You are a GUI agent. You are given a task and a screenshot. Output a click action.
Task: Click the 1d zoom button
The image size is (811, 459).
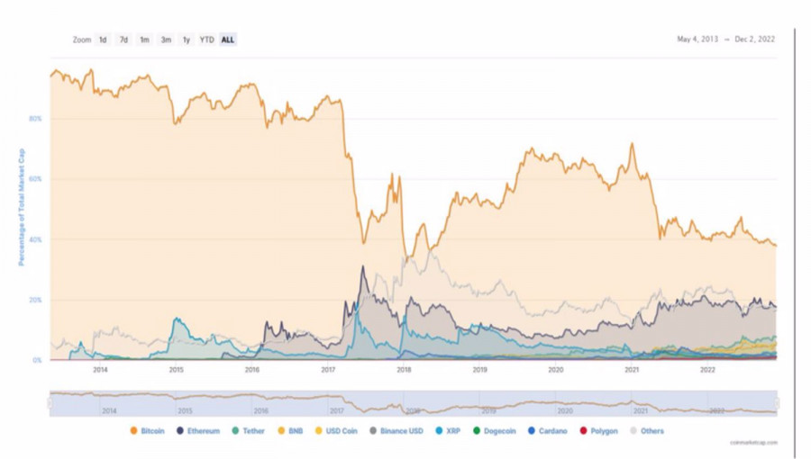coord(103,40)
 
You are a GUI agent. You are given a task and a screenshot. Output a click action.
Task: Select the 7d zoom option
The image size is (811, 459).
coord(123,40)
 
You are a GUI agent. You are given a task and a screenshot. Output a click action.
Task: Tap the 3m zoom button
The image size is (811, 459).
coord(166,40)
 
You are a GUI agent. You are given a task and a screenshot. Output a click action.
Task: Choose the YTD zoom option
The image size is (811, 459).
coord(206,40)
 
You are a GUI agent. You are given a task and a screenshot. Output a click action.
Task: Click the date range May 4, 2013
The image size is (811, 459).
coord(698,39)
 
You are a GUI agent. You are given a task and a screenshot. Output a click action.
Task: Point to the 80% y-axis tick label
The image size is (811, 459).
coord(35,119)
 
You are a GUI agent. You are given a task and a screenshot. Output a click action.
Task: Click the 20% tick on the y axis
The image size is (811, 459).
coord(35,300)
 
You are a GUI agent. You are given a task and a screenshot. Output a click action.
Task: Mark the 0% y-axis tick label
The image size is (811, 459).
coord(37,360)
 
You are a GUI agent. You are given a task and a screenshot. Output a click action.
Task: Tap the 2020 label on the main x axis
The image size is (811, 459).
coord(556,369)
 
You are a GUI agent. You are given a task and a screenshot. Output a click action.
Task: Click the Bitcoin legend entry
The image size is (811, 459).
coord(148,431)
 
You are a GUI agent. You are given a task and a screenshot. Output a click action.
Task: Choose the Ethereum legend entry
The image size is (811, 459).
coord(198,431)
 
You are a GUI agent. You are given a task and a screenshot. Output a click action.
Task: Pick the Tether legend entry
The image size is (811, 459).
coord(249,431)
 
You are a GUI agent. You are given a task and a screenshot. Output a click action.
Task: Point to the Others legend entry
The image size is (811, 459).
coord(647,431)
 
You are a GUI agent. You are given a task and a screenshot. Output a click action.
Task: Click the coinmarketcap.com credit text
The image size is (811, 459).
coord(752,443)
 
